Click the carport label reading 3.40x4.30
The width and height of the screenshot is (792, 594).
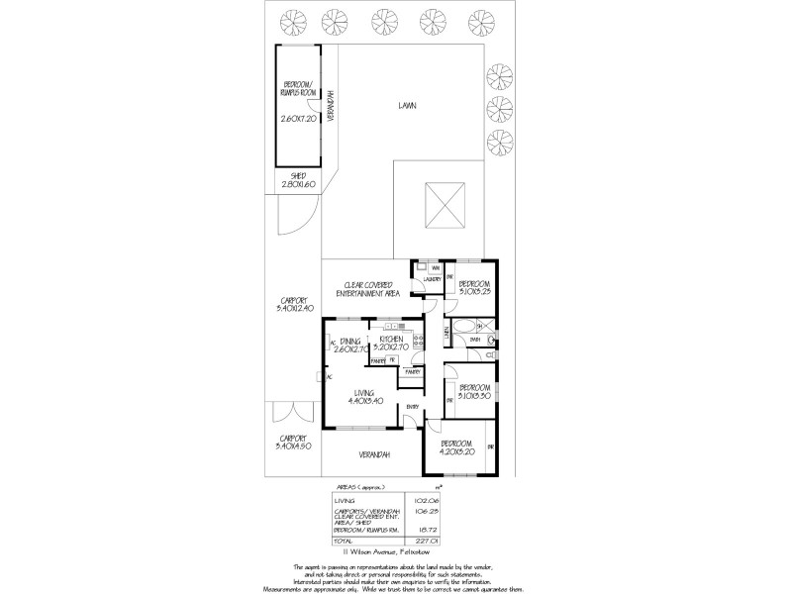coord(295,442)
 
